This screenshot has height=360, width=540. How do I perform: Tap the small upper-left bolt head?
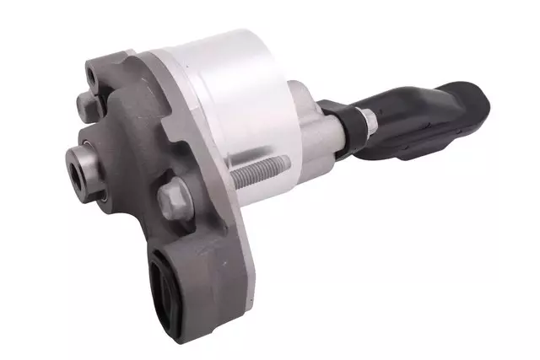pos(87,105)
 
